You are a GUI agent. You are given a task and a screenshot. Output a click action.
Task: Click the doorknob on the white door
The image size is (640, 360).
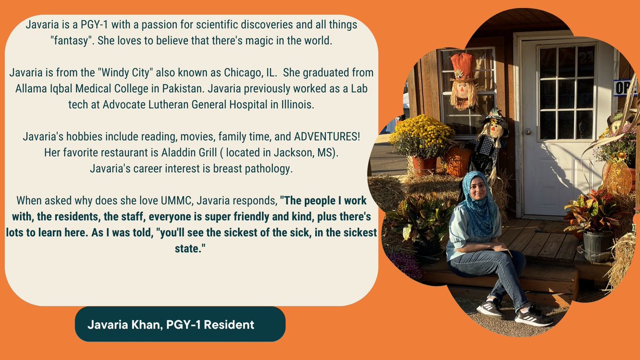point(527,131)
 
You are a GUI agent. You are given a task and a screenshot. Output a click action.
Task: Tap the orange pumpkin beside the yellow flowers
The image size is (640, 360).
point(458,162)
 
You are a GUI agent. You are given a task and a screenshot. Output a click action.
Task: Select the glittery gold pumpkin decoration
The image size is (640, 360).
point(617,176)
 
